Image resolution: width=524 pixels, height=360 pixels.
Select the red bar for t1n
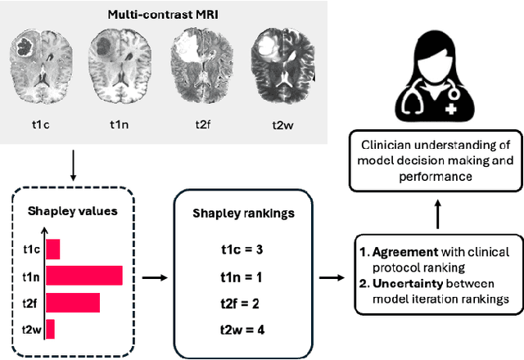[84, 276]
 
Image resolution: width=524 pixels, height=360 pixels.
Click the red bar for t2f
[72, 303]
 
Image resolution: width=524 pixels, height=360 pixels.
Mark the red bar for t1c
[52, 249]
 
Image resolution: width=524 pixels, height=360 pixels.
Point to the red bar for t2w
[50, 329]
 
